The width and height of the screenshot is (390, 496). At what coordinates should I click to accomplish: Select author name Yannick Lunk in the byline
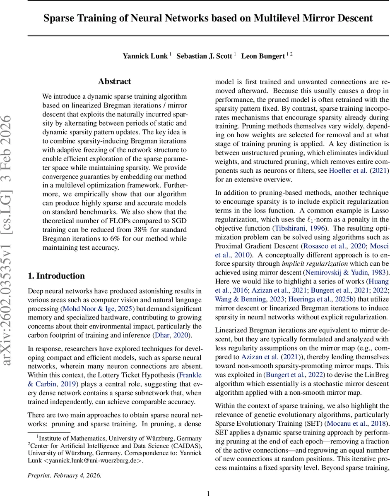(145, 56)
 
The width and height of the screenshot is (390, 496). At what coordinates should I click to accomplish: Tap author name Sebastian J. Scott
(204, 56)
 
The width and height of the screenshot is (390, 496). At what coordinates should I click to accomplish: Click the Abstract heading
(115, 81)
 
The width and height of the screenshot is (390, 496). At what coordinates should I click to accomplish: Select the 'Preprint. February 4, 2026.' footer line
(64, 463)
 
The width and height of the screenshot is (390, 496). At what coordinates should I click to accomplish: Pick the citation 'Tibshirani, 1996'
(300, 228)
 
